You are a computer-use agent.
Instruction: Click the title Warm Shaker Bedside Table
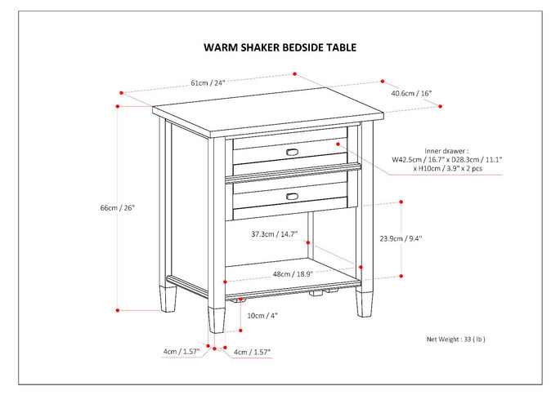(280, 47)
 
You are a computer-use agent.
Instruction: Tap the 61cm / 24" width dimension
(208, 82)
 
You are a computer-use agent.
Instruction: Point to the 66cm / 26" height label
(117, 207)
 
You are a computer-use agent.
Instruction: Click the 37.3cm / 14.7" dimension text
(274, 234)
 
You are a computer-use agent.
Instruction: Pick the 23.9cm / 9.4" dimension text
(401, 239)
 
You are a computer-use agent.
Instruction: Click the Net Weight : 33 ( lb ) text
(462, 338)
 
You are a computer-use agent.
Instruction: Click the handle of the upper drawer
(292, 152)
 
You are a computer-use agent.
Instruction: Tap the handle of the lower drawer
(292, 195)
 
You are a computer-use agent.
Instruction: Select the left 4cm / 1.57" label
(181, 352)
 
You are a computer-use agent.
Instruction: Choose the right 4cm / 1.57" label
(252, 352)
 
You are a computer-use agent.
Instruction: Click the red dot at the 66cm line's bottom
(119, 309)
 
